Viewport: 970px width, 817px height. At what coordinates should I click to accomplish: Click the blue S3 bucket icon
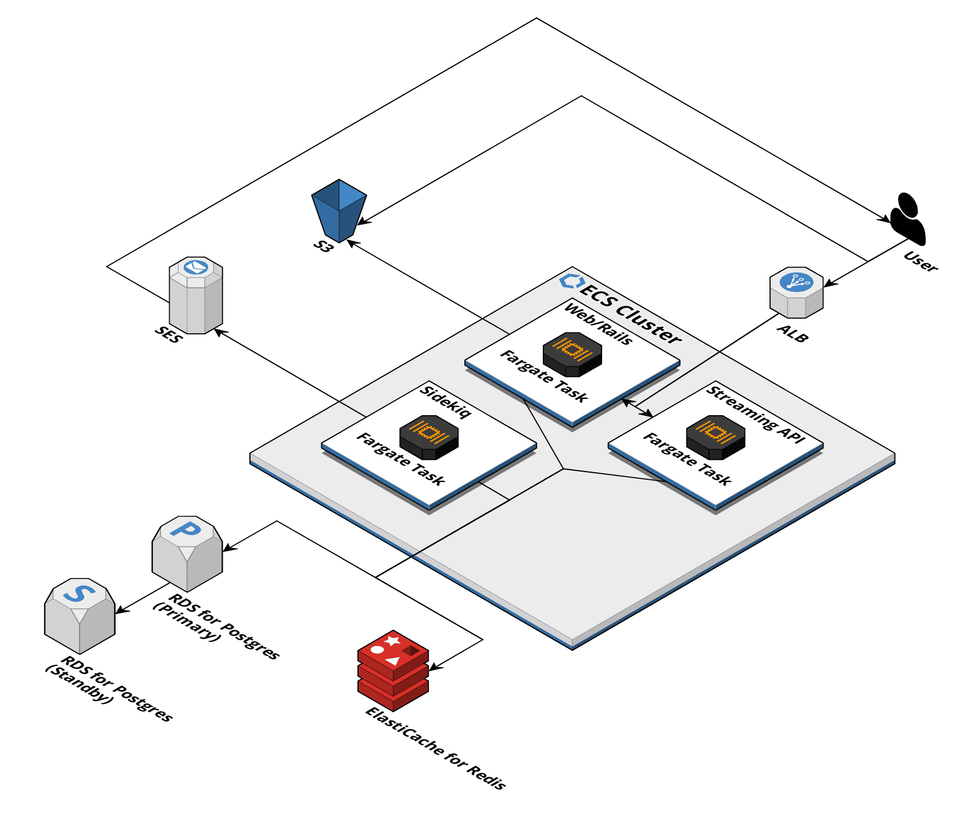pos(339,210)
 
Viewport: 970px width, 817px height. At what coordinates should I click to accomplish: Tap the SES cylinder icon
pos(196,295)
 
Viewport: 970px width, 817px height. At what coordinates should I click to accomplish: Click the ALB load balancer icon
pos(796,292)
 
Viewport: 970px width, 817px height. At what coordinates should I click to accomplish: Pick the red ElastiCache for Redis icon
pos(393,670)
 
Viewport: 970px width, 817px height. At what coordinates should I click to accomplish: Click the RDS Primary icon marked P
pos(187,552)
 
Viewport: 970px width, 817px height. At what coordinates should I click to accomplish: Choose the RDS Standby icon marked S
pos(80,615)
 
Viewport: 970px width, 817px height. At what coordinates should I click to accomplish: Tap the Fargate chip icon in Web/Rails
pos(572,354)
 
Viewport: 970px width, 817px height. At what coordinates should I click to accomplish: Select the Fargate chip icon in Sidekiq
pos(429,437)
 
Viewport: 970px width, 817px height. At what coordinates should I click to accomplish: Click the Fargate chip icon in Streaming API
pos(715,437)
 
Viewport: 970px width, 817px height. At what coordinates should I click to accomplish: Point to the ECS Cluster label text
pos(630,315)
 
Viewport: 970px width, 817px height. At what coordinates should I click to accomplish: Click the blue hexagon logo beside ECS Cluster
pos(571,281)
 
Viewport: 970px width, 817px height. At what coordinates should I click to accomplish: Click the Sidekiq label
pos(445,401)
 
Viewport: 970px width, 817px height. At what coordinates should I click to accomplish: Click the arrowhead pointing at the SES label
pos(219,331)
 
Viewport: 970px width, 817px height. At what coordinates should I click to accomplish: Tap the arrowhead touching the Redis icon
pos(434,668)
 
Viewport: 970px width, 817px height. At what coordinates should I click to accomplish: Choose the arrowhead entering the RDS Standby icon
pos(120,610)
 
